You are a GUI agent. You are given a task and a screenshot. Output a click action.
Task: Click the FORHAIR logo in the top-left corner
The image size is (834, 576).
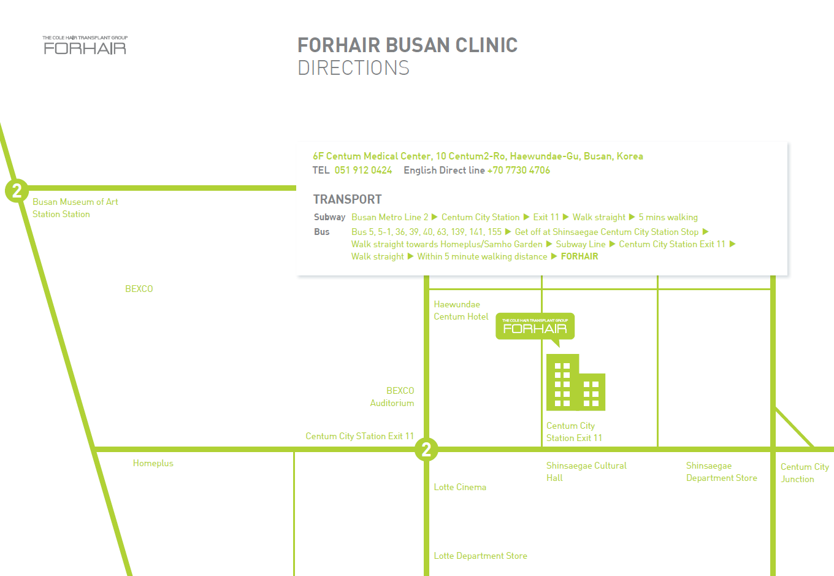(x=85, y=45)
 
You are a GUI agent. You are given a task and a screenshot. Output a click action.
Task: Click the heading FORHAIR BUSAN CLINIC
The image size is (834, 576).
(x=407, y=45)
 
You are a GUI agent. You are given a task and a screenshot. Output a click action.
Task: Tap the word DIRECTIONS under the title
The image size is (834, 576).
(x=353, y=67)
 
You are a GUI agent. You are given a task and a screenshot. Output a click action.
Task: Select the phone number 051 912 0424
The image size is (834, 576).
(x=363, y=170)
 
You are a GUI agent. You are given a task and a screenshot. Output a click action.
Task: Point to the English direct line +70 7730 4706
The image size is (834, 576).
(x=518, y=170)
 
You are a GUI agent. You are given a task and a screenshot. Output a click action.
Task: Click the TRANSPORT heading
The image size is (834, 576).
(x=347, y=199)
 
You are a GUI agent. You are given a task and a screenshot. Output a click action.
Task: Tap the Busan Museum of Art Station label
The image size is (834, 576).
(x=75, y=208)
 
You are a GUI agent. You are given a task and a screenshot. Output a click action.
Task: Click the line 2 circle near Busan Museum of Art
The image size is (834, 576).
(x=17, y=191)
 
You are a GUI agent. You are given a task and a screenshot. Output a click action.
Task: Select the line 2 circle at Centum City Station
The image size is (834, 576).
(x=426, y=449)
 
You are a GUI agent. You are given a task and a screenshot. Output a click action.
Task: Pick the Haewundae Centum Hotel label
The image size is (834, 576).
(x=461, y=310)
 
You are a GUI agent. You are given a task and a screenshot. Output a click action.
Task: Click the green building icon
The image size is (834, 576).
(x=576, y=382)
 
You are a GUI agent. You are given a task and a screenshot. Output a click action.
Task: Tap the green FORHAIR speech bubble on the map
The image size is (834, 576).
(x=535, y=326)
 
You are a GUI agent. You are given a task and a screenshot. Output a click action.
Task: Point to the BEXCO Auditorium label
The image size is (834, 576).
(x=392, y=396)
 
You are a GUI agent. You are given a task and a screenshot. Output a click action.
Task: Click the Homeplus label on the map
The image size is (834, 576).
(x=153, y=463)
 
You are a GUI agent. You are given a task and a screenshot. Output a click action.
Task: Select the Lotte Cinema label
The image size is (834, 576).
(x=460, y=487)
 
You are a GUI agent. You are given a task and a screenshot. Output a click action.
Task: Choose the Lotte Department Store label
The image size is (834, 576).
(x=480, y=556)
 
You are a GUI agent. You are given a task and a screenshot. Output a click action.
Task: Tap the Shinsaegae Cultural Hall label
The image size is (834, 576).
(x=586, y=471)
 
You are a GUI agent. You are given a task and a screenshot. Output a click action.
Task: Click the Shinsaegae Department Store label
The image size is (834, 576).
(x=722, y=471)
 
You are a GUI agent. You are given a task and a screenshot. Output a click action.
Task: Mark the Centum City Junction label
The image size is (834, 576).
(x=805, y=473)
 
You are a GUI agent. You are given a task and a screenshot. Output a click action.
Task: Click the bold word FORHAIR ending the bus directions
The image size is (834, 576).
(x=580, y=256)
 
